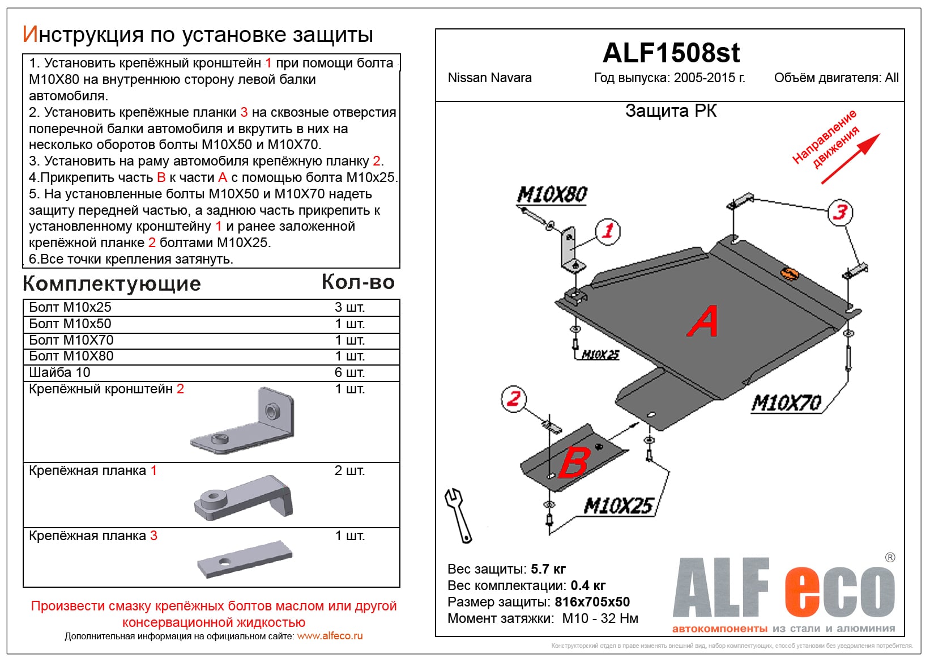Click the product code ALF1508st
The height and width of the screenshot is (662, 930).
[671, 53]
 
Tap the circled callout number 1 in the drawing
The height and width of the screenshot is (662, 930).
[608, 231]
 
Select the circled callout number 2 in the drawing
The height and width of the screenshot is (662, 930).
[513, 398]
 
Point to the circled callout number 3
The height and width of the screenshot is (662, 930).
[840, 212]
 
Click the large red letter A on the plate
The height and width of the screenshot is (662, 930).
[702, 321]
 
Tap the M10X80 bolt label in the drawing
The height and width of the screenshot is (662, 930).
[552, 195]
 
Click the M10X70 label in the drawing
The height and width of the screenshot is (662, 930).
[786, 403]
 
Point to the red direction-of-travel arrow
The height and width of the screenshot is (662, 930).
[851, 159]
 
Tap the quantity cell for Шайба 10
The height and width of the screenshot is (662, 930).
[349, 372]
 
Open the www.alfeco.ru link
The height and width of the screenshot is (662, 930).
[330, 636]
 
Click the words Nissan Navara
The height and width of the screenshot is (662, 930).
[489, 78]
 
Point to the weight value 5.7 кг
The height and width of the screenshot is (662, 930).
[548, 569]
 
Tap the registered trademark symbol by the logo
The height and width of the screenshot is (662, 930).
[890, 558]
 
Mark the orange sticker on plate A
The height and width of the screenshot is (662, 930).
[790, 274]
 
